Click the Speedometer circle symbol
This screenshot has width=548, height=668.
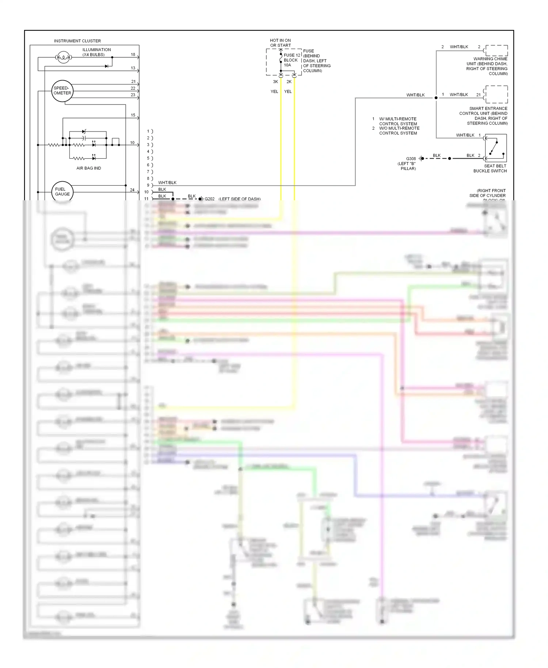pos(62,91)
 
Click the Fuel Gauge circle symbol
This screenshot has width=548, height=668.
pos(62,192)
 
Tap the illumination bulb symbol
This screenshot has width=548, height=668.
pos(64,57)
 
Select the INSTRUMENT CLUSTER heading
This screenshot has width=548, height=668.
pos(77,41)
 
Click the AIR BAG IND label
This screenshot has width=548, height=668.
pos(88,168)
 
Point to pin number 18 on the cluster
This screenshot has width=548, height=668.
pos(133,54)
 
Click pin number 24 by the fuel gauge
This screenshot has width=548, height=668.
pos(132,190)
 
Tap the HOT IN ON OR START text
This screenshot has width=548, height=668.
pos(280,43)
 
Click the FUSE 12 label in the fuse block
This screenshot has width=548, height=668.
pos(292,55)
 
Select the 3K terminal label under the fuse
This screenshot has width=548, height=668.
pos(275,81)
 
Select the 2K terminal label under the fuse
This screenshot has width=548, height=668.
pos(289,81)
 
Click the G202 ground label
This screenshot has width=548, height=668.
pos(209,199)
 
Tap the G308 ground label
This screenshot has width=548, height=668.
pos(411,159)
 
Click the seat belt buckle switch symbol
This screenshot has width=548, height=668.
pos(495,148)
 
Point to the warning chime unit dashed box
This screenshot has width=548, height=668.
pos(496,50)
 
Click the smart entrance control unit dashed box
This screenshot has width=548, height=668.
pos(496,94)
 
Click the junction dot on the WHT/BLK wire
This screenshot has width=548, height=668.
pos(436,98)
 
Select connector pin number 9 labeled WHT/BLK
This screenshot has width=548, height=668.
pos(148,185)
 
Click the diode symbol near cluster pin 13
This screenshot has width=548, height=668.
pos(107,66)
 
